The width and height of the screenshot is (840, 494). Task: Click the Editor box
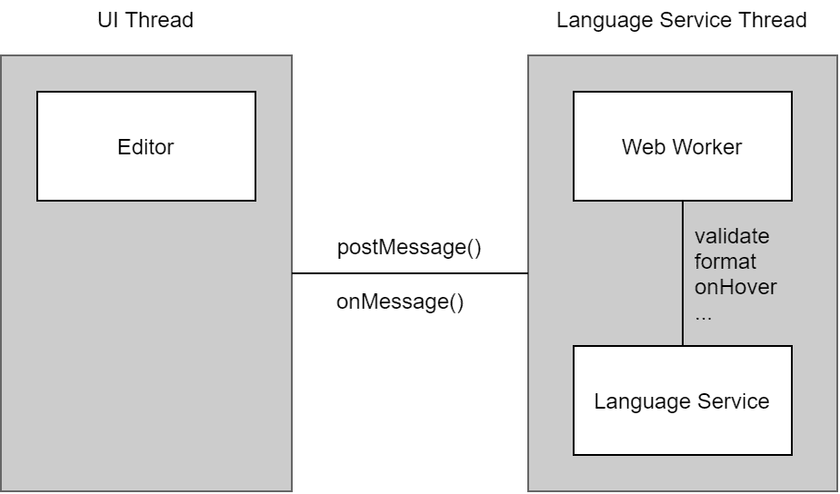point(146,146)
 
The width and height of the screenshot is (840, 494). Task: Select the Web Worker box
point(683,146)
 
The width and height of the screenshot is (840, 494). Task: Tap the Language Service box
point(683,400)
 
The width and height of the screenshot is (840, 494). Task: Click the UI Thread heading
point(145,20)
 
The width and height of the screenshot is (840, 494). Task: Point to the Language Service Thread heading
point(682,20)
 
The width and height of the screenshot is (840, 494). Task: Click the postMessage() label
point(409,247)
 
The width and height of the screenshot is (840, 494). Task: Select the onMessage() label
point(400,301)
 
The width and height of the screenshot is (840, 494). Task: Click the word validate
point(732,236)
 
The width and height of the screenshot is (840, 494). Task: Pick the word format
point(725,262)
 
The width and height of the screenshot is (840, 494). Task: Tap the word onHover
point(735,287)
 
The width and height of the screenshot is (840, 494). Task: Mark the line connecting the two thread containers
point(410,273)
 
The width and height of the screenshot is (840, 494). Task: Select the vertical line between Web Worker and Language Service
point(683,273)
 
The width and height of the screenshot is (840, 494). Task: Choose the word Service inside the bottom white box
point(734,400)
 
